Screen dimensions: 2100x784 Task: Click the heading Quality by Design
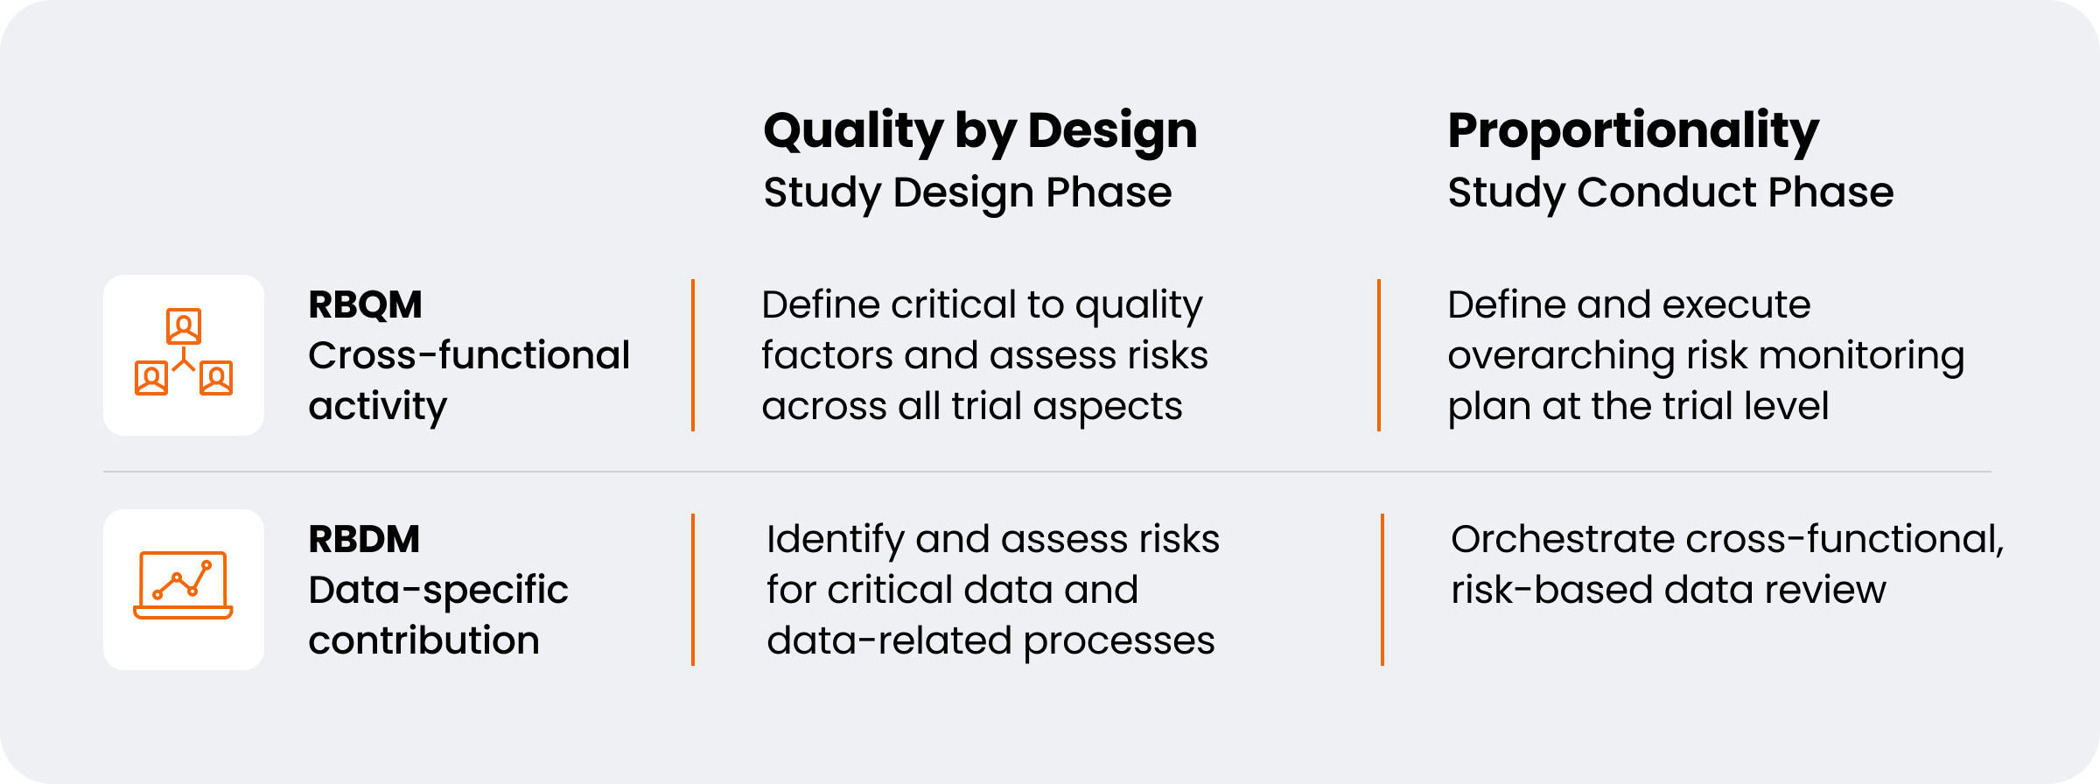click(980, 131)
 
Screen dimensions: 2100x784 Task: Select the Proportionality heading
click(1633, 131)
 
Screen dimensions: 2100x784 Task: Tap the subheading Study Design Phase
click(967, 192)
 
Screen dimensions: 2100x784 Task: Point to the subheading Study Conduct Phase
click(1670, 192)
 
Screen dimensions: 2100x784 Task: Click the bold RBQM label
click(365, 304)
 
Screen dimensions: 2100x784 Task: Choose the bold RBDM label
click(364, 539)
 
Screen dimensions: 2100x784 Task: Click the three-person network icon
click(184, 352)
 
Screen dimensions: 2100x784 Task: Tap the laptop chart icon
click(184, 585)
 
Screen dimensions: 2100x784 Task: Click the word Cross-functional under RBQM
click(469, 355)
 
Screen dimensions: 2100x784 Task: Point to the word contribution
click(423, 640)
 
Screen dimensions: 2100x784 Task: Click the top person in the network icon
click(184, 326)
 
